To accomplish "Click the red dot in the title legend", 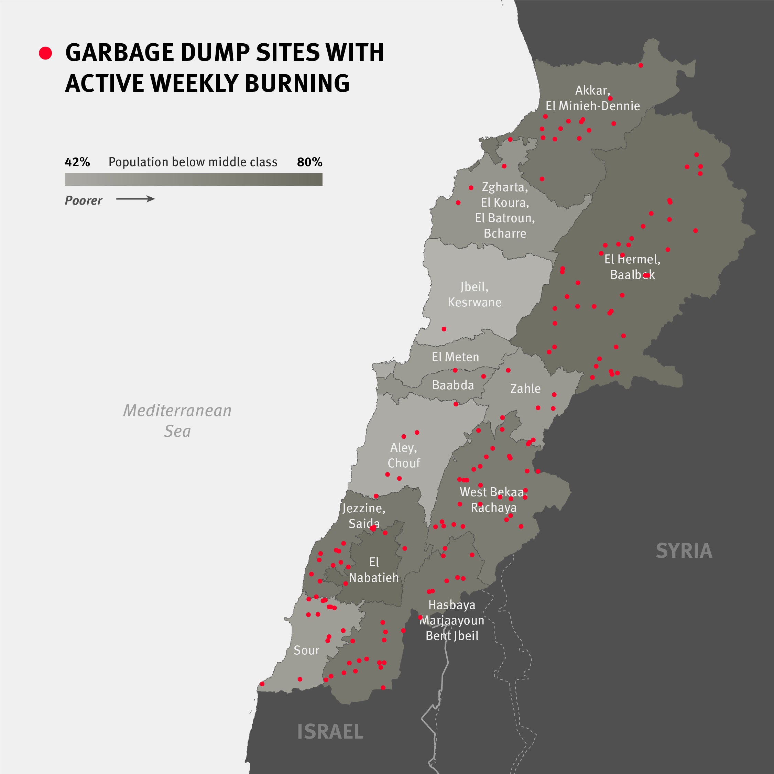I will (45, 53).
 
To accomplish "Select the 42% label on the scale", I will (77, 162).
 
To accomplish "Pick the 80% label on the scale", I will (309, 162).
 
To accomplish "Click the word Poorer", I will (83, 201).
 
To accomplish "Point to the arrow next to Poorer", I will (135, 199).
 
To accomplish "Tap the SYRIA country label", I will (684, 551).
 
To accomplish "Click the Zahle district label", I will (525, 389).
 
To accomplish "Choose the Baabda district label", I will (453, 385).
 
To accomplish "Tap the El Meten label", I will (455, 357).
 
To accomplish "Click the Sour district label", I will (306, 650).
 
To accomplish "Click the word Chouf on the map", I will (404, 463).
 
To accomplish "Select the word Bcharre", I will (505, 233).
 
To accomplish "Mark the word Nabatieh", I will (374, 578).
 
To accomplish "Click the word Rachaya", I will (493, 508).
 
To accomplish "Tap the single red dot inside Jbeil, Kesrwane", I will (444, 329).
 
